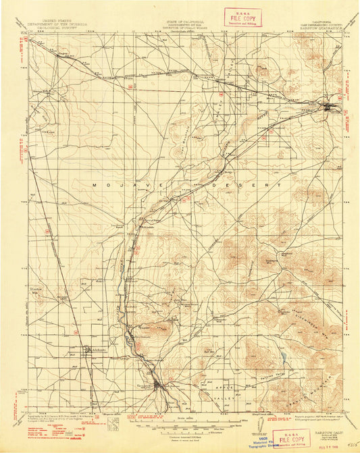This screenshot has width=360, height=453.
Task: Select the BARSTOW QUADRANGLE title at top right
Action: pos(311,29)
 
